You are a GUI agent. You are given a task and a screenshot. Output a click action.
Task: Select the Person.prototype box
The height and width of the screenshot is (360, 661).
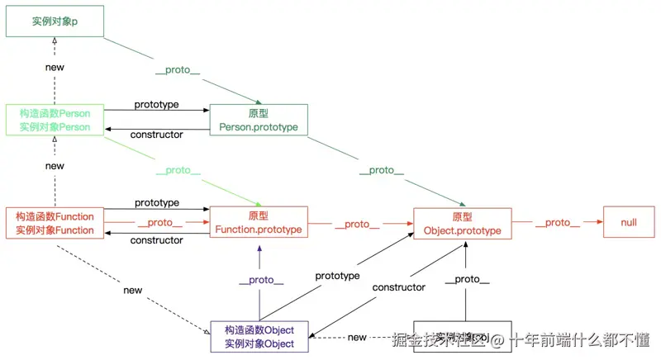(259, 120)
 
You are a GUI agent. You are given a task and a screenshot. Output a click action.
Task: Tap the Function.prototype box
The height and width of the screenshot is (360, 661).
(259, 223)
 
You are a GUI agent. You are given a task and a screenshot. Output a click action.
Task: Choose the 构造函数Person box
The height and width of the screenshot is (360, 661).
(55, 120)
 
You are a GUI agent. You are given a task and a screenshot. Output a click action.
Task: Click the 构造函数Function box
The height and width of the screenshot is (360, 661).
(55, 223)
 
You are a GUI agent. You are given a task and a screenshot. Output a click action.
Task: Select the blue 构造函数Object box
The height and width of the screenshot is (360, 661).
(259, 337)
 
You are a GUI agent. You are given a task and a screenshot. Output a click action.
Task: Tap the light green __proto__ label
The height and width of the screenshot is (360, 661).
(178, 170)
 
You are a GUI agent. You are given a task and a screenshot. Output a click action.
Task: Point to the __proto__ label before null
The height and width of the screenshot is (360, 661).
(558, 223)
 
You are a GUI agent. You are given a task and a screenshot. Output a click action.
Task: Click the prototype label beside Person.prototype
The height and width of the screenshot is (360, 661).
(157, 105)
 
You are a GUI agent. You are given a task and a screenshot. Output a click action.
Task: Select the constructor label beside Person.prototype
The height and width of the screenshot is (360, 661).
(157, 134)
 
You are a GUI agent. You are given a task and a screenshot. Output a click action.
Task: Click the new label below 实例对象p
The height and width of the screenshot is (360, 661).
(55, 67)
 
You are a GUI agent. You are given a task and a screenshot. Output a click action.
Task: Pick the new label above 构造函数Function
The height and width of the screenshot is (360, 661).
(55, 166)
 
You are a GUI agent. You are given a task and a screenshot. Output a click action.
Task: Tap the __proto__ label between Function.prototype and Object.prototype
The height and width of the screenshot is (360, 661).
(357, 224)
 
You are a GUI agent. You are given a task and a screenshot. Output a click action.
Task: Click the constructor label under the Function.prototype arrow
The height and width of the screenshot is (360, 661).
(157, 240)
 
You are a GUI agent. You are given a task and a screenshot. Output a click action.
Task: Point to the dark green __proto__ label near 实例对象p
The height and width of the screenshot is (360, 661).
(178, 71)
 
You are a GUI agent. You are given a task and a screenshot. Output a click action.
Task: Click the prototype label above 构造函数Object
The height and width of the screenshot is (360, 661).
(337, 276)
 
